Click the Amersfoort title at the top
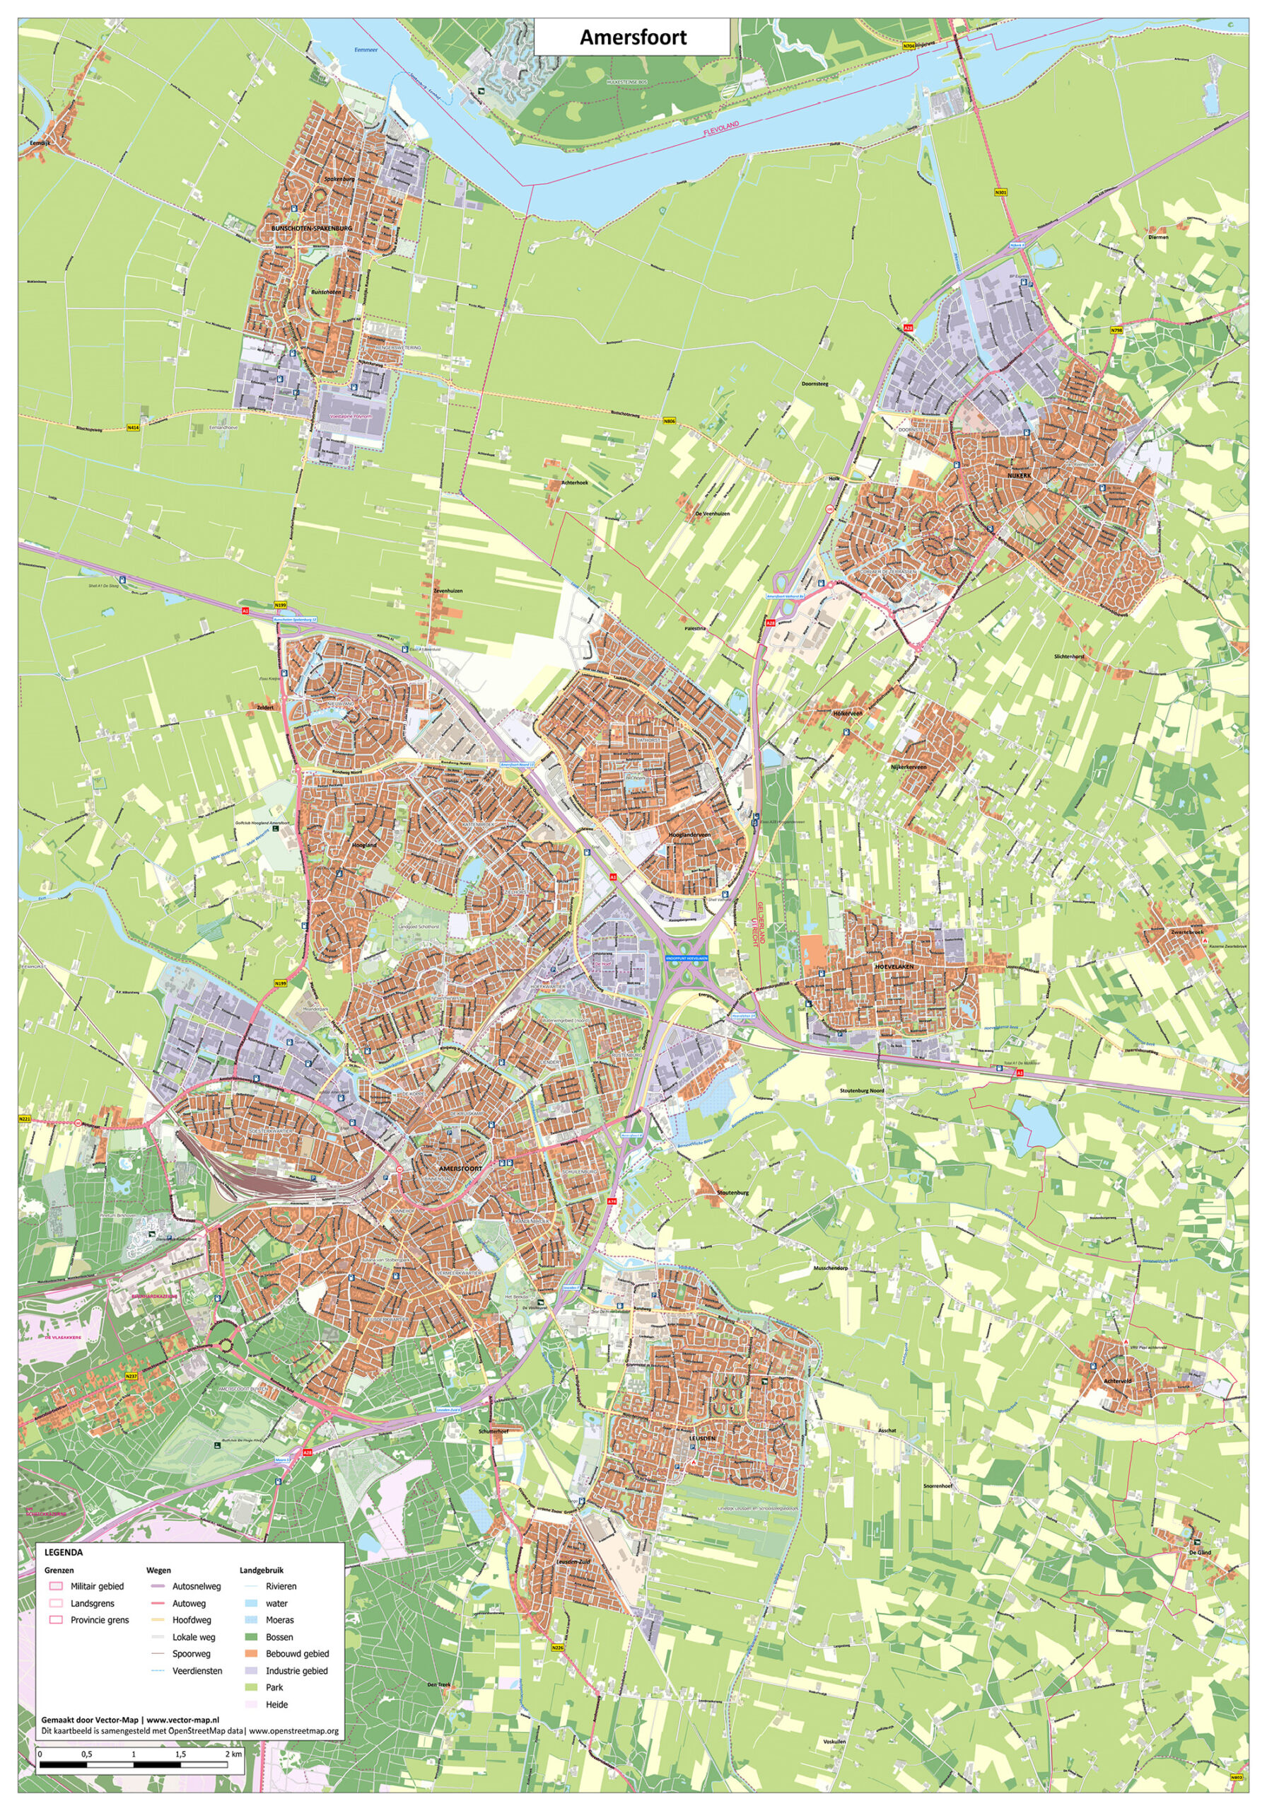(x=632, y=37)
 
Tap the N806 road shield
(x=670, y=422)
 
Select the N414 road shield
(x=133, y=428)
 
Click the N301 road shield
(x=1000, y=192)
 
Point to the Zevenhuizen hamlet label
(x=448, y=590)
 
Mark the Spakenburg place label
(x=339, y=180)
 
